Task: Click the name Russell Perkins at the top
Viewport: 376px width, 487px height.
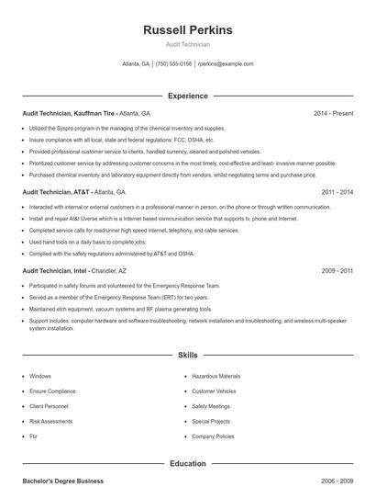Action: coord(188,29)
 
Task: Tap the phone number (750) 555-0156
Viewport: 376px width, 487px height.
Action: coord(173,64)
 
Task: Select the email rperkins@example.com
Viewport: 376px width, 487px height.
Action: coord(226,64)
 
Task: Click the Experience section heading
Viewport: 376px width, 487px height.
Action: coord(188,96)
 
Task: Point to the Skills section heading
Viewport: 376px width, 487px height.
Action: coord(188,355)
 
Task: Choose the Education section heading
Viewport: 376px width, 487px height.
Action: coord(188,464)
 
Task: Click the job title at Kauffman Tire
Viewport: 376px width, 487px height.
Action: coord(70,113)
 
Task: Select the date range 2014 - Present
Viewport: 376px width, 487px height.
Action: coord(333,113)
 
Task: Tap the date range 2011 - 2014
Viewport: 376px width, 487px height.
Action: coord(337,192)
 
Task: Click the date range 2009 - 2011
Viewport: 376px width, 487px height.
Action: coord(337,272)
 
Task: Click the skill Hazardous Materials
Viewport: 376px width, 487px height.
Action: coord(216,376)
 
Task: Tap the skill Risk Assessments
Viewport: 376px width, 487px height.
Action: coord(50,421)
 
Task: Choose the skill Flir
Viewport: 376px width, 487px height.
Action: coord(33,436)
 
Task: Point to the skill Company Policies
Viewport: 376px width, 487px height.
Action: coord(213,436)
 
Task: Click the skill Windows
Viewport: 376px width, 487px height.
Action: coord(40,376)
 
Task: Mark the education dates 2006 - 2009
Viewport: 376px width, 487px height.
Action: coord(337,481)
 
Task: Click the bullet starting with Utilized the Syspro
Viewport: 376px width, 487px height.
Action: coord(127,129)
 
